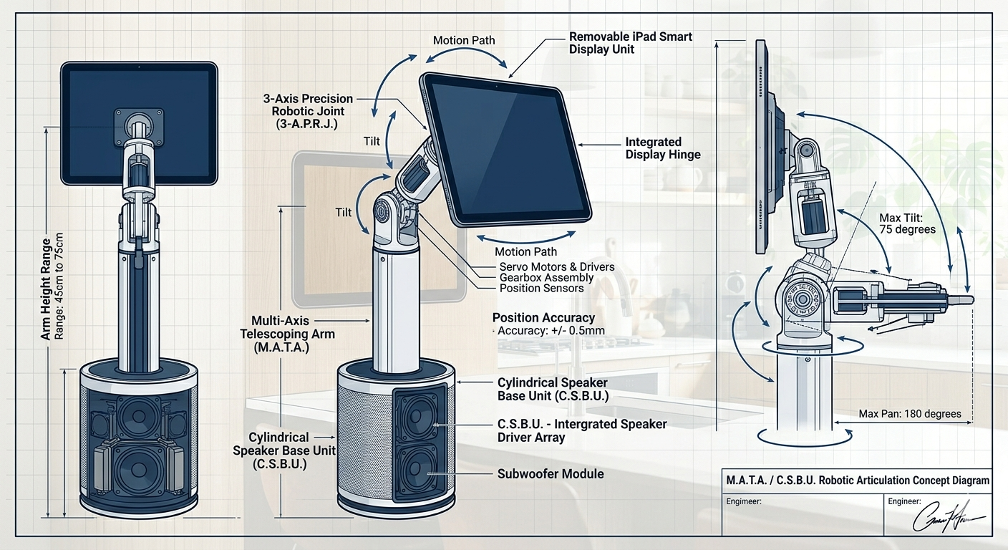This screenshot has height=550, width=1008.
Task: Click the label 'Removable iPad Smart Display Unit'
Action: pyautogui.click(x=631, y=43)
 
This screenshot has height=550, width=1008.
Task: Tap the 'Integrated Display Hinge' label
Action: pyautogui.click(x=663, y=148)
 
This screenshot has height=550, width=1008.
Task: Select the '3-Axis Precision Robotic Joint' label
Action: pyautogui.click(x=309, y=111)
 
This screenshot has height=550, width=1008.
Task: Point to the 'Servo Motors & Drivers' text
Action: pyautogui.click(x=557, y=267)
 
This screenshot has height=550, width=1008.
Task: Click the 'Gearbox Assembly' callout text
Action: pyautogui.click(x=546, y=278)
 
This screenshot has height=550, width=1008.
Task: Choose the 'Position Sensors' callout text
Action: pyautogui.click(x=541, y=289)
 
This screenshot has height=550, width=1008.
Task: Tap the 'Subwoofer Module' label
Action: pyautogui.click(x=551, y=474)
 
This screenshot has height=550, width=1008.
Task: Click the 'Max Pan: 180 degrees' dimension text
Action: pyautogui.click(x=910, y=414)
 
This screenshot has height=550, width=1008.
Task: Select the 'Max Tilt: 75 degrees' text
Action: pyautogui.click(x=907, y=223)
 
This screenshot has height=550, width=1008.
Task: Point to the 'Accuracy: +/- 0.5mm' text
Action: pyautogui.click(x=551, y=331)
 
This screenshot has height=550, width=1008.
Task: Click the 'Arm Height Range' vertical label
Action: pyautogui.click(x=46, y=289)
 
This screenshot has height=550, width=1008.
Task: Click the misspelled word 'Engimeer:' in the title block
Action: pyautogui.click(x=744, y=501)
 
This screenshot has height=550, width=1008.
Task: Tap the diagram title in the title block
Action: pyautogui.click(x=858, y=481)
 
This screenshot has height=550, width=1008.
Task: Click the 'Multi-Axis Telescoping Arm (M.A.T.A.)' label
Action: pyautogui.click(x=287, y=334)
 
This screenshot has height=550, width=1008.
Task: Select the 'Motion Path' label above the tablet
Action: pyautogui.click(x=464, y=41)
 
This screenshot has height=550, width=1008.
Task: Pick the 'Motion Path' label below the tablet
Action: pyautogui.click(x=525, y=251)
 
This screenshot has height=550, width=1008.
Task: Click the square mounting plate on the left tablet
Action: pyautogui.click(x=139, y=124)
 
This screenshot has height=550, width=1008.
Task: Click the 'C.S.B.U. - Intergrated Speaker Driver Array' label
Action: pyautogui.click(x=582, y=430)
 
